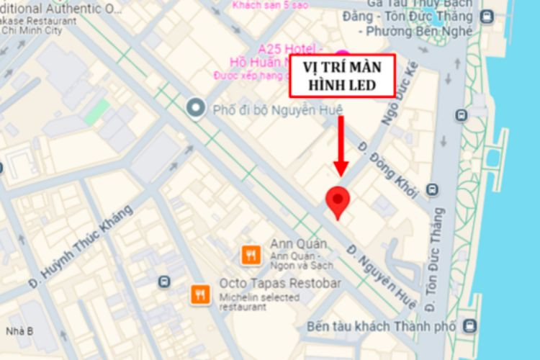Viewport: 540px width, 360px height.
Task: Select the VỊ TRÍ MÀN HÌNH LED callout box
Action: click(342, 76)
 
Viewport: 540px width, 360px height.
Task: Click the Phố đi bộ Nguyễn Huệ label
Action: click(277, 109)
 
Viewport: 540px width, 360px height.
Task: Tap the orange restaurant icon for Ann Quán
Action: click(251, 254)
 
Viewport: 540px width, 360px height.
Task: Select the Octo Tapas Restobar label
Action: click(279, 283)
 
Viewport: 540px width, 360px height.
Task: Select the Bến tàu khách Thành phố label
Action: click(381, 326)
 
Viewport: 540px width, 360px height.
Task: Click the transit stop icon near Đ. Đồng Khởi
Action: click(432, 190)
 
